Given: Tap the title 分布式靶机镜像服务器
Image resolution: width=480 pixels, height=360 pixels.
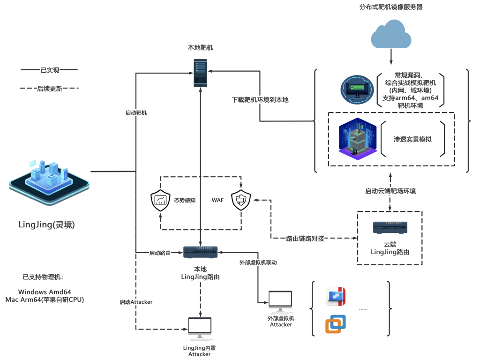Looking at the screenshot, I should click(391, 7).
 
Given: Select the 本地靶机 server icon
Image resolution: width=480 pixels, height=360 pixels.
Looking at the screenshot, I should click(201, 73).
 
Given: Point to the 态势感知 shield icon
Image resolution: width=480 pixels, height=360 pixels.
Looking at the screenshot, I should click(160, 201).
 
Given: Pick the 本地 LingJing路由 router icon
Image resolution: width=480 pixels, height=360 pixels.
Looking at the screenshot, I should click(201, 253).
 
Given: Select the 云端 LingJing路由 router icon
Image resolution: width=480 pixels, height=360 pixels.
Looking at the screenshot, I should click(390, 227).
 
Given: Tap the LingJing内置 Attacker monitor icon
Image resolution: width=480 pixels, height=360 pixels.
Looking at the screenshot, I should click(200, 329).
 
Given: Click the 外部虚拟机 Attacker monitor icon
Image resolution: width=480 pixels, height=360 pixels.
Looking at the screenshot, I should click(280, 302).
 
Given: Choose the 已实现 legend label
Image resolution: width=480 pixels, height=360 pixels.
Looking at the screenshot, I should click(49, 70).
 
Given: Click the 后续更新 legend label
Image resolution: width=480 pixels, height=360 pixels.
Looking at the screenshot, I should click(49, 88).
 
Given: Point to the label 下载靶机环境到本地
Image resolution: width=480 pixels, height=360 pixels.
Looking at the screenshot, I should click(260, 100).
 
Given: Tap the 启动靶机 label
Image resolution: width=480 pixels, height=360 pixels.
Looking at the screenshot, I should click(136, 112).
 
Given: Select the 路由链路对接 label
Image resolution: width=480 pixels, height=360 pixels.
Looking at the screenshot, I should click(305, 238).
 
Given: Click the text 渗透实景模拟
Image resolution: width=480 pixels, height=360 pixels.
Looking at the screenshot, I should click(412, 139).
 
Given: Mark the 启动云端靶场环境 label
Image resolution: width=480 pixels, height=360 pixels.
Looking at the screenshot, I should click(390, 191).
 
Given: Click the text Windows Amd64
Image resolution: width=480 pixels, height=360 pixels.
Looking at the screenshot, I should click(45, 292).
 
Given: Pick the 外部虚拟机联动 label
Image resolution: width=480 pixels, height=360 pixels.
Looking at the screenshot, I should click(258, 262).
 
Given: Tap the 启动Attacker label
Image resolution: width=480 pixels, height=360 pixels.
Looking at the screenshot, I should click(136, 302).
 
